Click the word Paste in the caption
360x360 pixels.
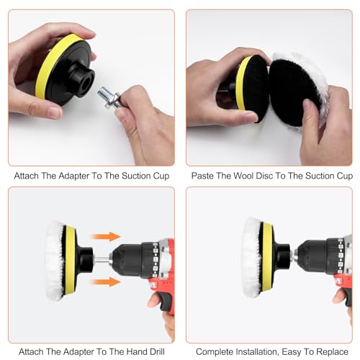(204, 176)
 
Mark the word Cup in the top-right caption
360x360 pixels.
(344, 176)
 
